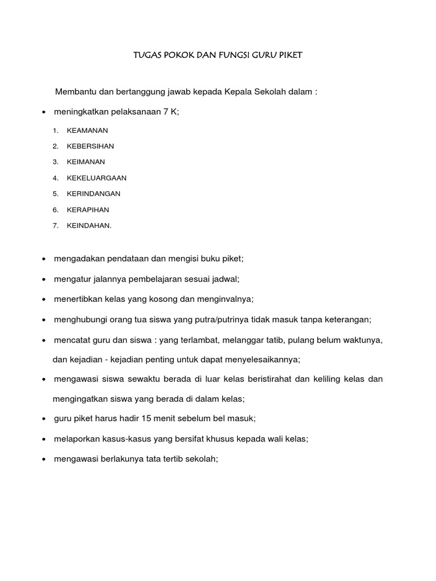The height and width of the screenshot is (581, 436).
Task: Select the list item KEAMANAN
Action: pos(87,130)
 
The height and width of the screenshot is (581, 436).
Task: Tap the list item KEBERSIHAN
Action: pos(90,146)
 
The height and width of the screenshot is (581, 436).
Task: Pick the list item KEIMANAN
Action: pos(86,162)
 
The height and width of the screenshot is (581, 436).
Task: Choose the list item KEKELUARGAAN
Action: pos(97,178)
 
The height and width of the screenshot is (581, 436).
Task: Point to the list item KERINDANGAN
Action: pos(94,193)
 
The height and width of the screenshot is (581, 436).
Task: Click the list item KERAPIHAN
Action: pos(88,209)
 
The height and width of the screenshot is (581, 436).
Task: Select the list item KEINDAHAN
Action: pos(89,225)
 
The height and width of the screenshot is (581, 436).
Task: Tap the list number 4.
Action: pos(56,178)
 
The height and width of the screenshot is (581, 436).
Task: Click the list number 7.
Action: pos(56,225)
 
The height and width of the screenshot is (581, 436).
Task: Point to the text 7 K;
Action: pos(171,112)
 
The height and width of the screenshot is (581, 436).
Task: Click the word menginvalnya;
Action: pos(225,299)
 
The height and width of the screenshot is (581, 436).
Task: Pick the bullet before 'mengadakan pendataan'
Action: pos(44,259)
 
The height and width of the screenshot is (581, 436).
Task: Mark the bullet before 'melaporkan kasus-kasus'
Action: pos(44,439)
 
